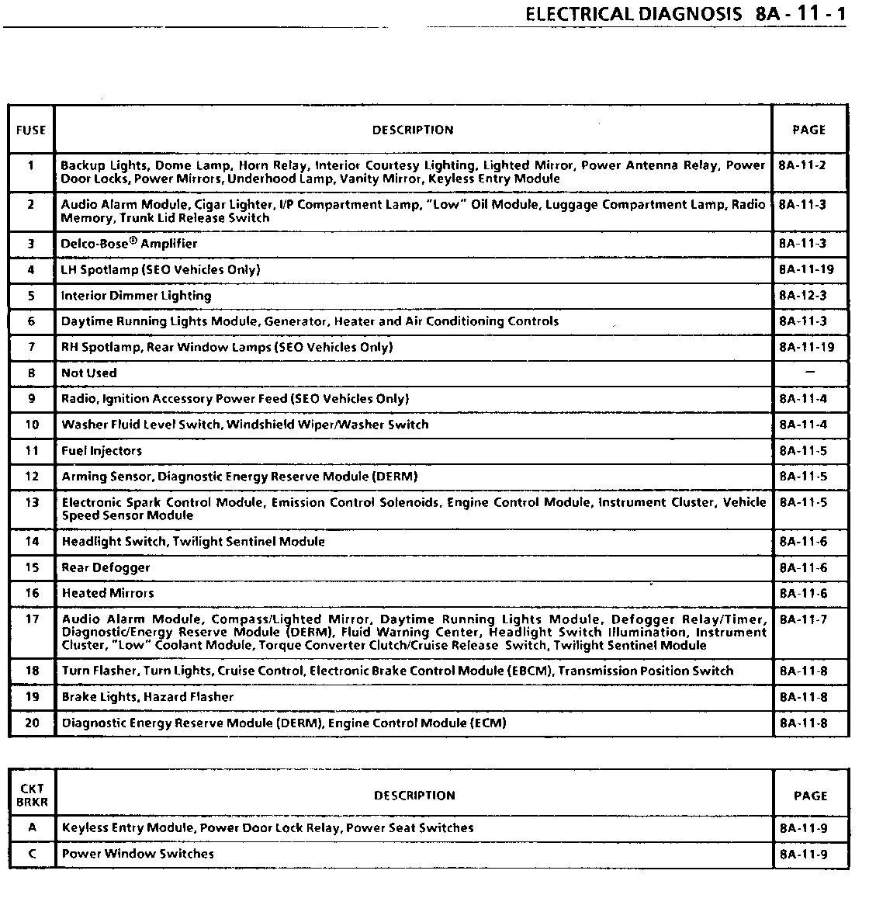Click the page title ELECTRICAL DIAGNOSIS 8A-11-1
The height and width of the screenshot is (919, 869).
click(685, 15)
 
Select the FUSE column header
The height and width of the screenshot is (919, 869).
click(31, 130)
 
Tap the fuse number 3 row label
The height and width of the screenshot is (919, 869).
click(31, 244)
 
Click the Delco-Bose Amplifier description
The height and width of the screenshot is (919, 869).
click(129, 244)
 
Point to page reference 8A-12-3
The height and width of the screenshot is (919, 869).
click(803, 296)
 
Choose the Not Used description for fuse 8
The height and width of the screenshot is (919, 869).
click(89, 373)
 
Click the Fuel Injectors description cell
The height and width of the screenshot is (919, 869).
click(102, 451)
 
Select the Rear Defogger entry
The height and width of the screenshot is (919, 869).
click(106, 567)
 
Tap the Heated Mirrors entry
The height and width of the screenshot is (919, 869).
click(108, 593)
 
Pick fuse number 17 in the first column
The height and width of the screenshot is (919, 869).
click(32, 619)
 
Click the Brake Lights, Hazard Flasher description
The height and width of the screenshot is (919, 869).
click(147, 697)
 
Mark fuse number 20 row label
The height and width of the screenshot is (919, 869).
click(32, 723)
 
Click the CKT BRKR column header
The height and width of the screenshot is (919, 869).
click(32, 795)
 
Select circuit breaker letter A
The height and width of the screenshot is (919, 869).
click(32, 828)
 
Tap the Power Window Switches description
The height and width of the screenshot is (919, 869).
click(138, 854)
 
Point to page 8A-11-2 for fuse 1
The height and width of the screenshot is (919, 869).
click(803, 165)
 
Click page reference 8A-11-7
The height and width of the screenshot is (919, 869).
click(803, 619)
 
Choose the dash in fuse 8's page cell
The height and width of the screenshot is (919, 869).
click(810, 373)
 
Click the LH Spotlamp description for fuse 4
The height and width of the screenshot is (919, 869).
click(161, 270)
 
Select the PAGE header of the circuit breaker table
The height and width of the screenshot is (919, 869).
click(811, 796)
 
